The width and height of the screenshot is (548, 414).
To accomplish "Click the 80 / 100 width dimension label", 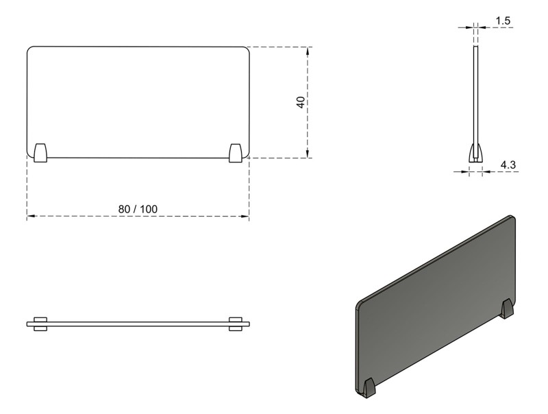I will [138, 208].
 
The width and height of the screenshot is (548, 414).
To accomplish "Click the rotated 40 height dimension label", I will [300, 102].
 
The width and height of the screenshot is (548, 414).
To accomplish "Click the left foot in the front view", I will [40, 153].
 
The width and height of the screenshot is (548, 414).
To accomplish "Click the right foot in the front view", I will [236, 153].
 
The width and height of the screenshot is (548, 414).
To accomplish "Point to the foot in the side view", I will [475, 152].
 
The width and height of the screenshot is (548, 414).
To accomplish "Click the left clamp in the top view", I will [40, 324].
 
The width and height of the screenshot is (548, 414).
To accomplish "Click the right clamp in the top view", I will [236, 324].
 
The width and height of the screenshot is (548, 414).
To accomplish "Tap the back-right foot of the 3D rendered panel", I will [507, 308].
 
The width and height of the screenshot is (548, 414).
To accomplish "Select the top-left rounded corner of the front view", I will [30, 50].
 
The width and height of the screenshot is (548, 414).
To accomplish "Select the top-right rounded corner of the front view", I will [246, 50].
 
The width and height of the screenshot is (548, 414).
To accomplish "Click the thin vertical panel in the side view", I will [475, 96].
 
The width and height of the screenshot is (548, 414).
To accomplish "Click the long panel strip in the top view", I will [137, 324].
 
